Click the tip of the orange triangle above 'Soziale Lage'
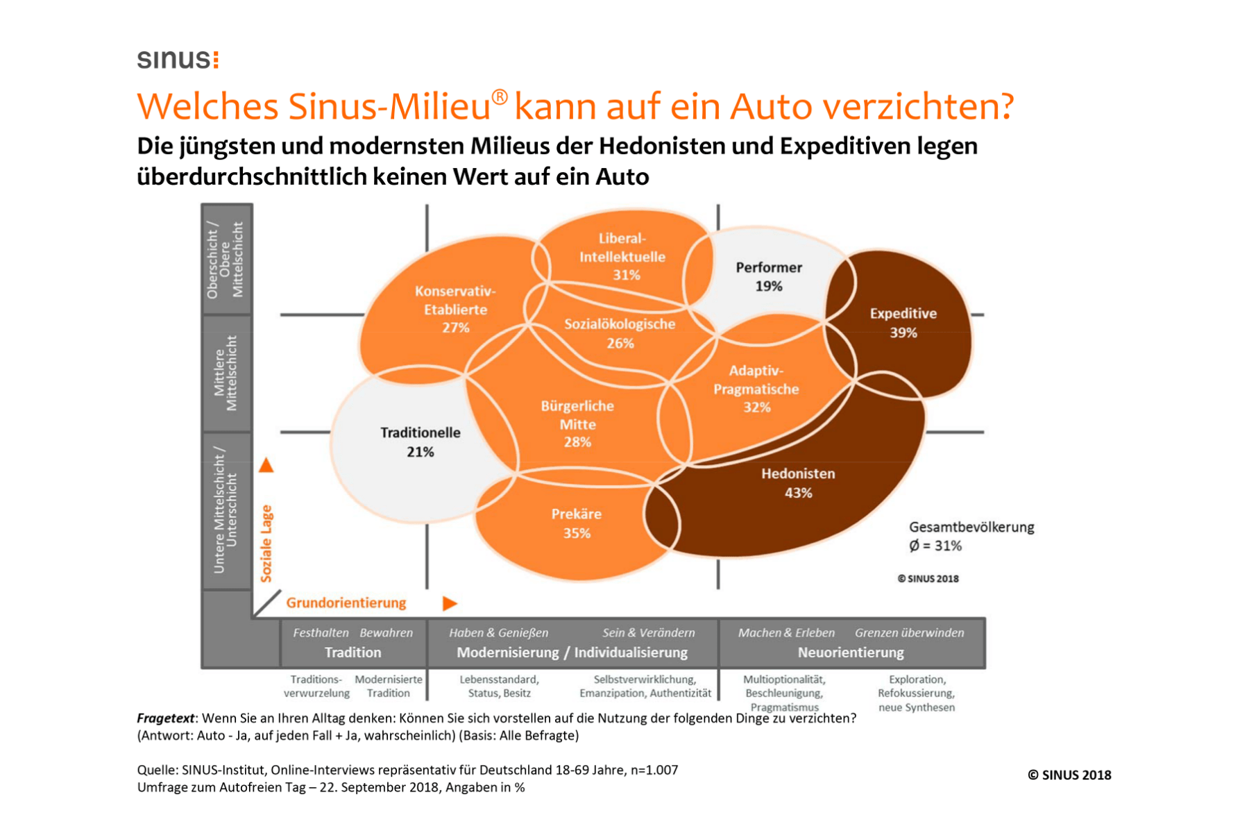(266, 458)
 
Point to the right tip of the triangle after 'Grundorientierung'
(458, 603)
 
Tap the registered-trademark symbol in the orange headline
(500, 97)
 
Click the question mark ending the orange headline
(1005, 107)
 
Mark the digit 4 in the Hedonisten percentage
(789, 493)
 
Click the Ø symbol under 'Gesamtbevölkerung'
(914, 546)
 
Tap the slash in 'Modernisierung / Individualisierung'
(566, 653)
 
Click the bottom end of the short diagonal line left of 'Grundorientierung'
(255, 615)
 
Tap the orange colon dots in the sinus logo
(216, 60)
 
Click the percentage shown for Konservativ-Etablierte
(456, 328)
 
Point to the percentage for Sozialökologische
(620, 343)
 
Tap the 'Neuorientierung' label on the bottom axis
(851, 653)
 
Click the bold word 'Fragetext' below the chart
(166, 718)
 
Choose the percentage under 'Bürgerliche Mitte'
(577, 442)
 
